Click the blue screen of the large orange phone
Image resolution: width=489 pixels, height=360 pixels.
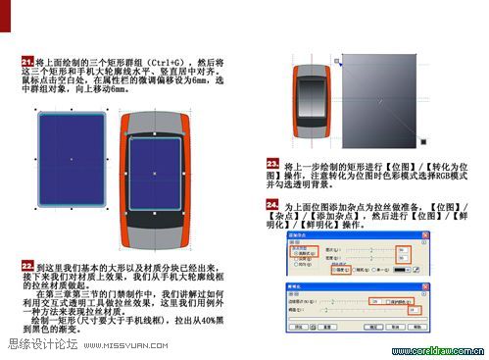tap(155, 175)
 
